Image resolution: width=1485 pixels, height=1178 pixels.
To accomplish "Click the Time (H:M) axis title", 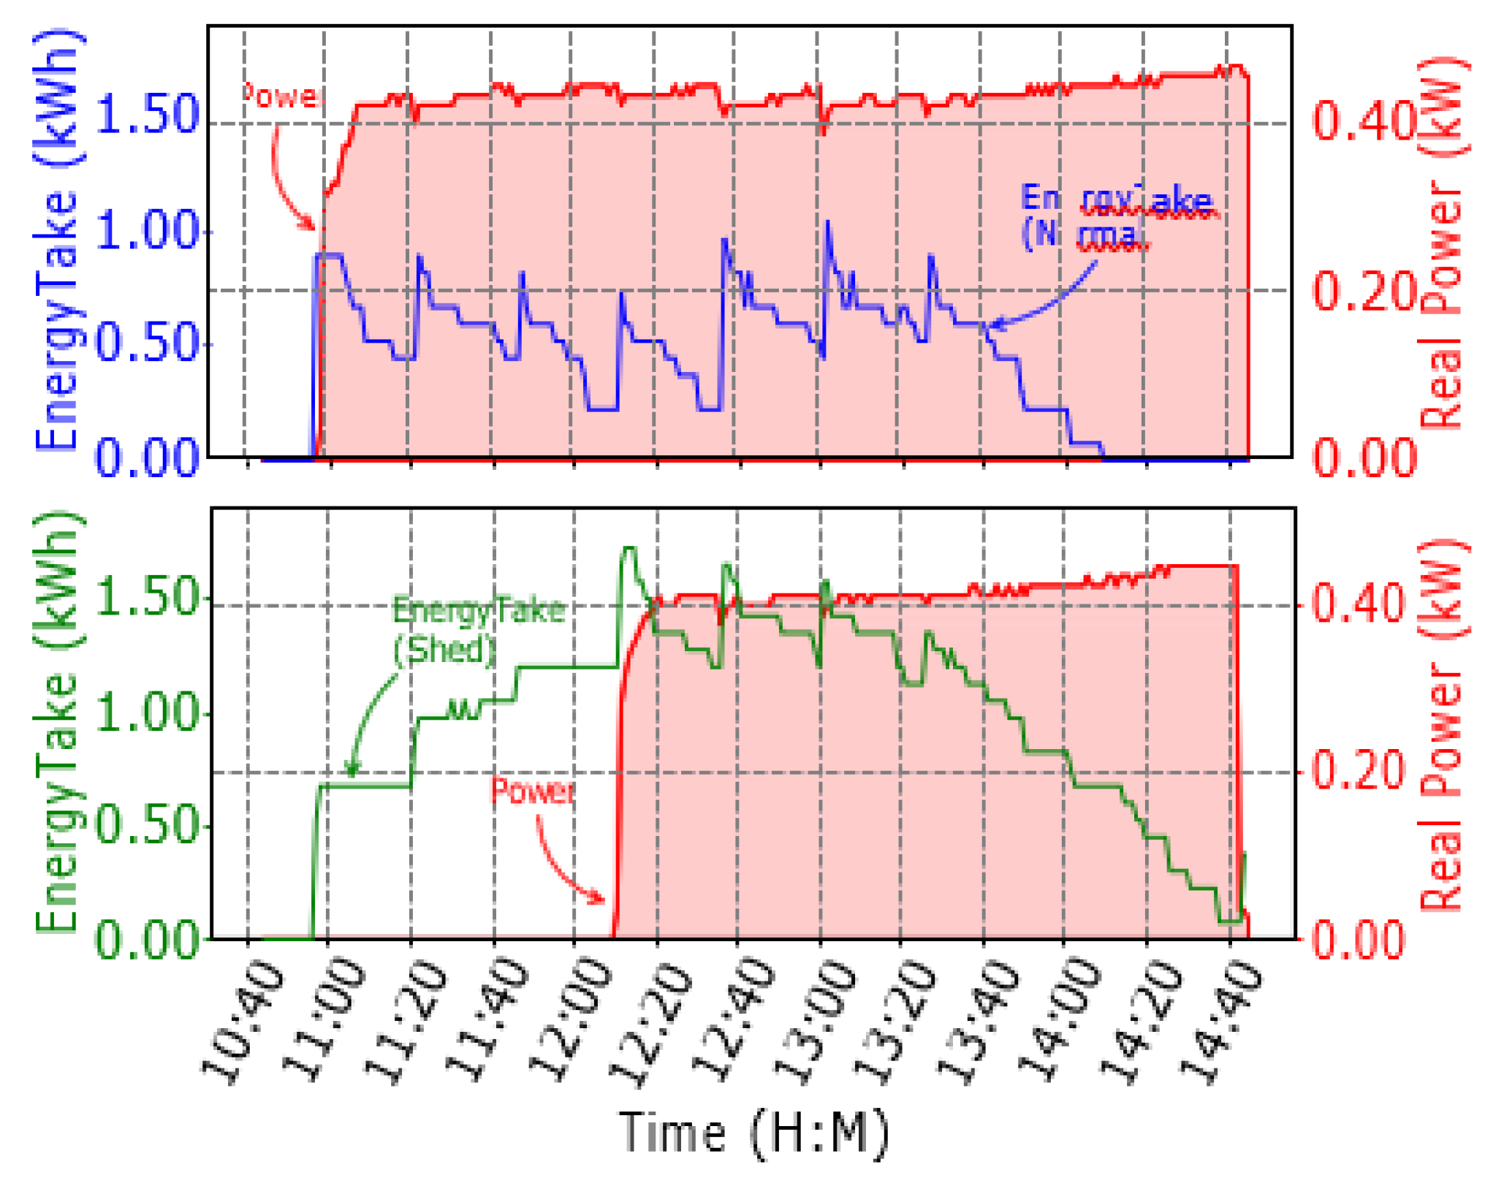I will [753, 1133].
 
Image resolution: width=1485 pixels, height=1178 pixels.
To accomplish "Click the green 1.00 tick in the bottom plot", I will [147, 712].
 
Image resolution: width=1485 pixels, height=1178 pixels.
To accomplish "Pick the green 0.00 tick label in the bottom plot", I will [147, 939].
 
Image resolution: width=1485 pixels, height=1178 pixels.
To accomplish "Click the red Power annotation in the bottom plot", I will [532, 791].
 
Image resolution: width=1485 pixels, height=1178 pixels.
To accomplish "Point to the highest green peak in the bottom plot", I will [628, 548].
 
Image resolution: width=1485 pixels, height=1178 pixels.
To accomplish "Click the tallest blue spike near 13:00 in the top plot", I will [827, 222].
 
